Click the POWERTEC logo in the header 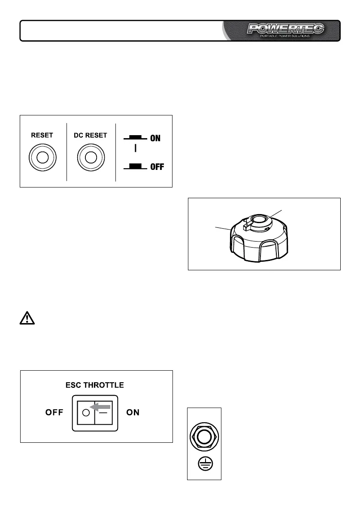tap(285, 29)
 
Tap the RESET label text tap(42, 135)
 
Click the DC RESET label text tap(91, 135)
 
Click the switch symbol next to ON tap(136, 138)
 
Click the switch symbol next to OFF tap(136, 166)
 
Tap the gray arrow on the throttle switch tap(100, 406)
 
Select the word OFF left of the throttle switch tap(54, 413)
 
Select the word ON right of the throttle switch tap(133, 413)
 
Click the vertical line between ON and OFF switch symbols tap(136, 149)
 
